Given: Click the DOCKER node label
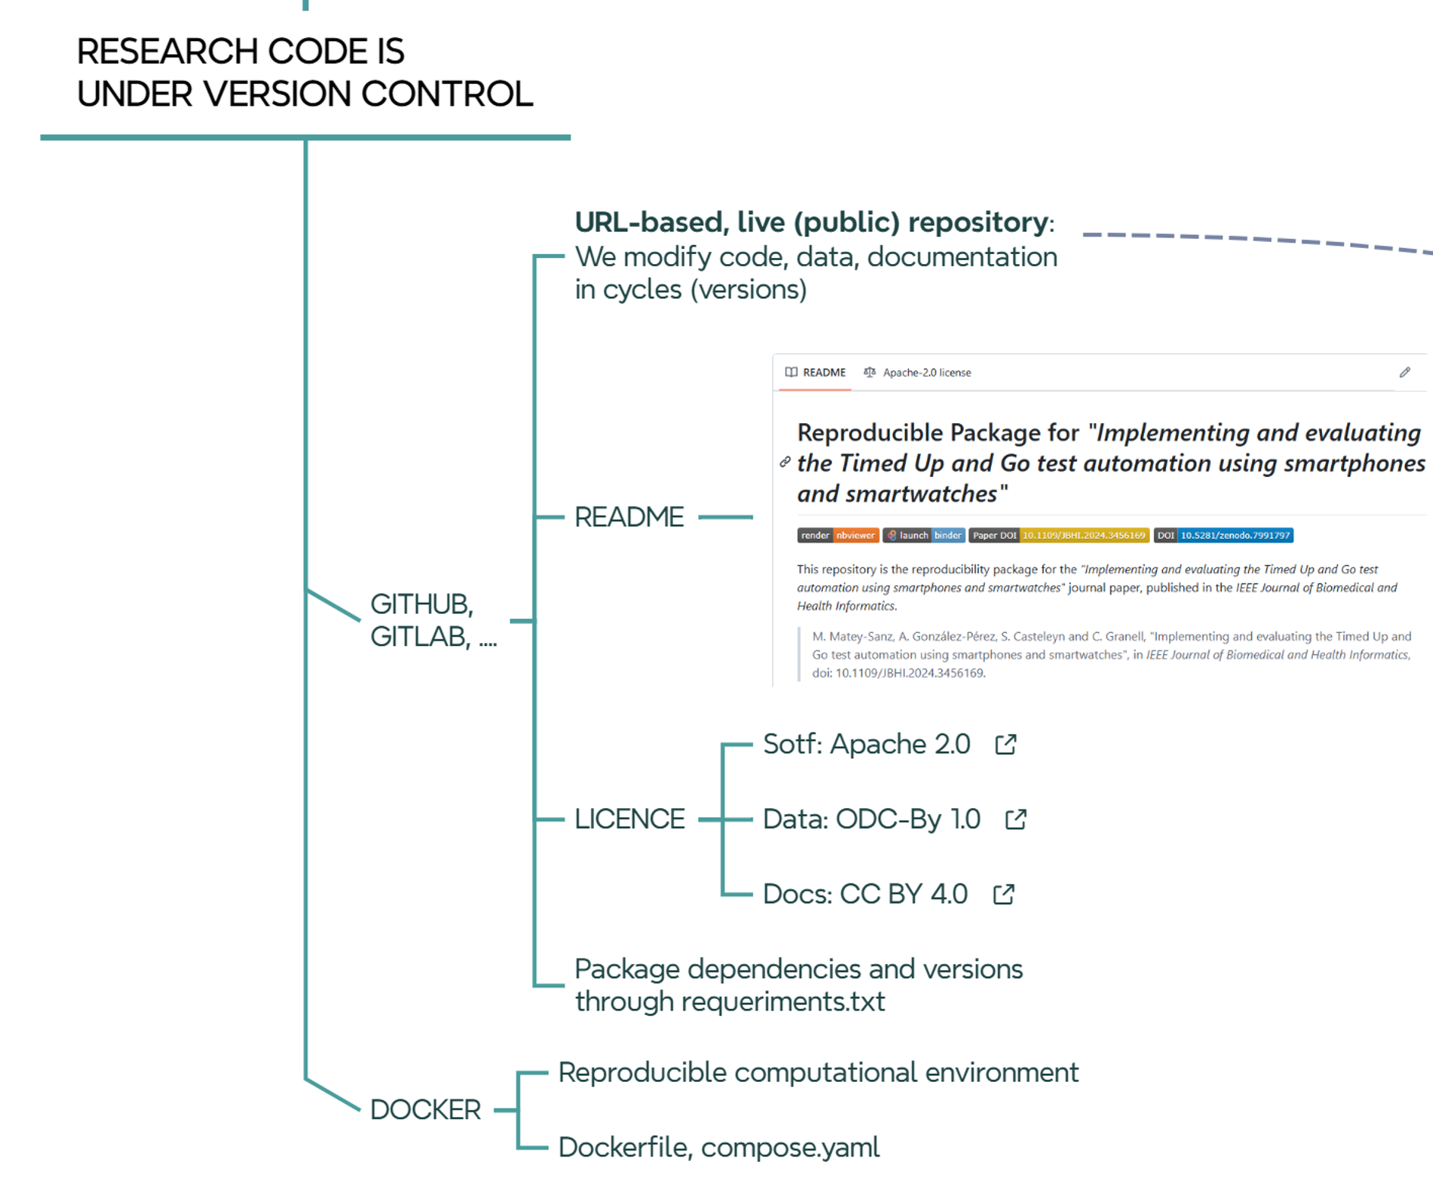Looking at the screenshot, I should [x=424, y=1109].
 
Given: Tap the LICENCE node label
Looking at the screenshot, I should [x=629, y=819].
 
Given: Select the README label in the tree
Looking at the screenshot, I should [x=628, y=517].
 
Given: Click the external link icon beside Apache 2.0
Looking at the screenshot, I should [x=1006, y=744].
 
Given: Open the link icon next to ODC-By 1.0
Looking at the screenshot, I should [x=1015, y=819].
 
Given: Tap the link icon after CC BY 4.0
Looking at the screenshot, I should [x=1003, y=894].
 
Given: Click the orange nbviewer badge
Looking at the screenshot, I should [x=856, y=536].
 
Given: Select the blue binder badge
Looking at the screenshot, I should [x=948, y=536].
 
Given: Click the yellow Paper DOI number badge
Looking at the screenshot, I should [x=1083, y=536].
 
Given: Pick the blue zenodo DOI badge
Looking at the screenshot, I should [x=1234, y=536].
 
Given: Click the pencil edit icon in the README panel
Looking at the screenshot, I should [x=1404, y=372].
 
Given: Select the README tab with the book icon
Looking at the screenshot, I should [x=815, y=372].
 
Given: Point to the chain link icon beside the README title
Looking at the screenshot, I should [x=785, y=462].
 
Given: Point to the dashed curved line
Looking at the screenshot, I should [x=1255, y=239].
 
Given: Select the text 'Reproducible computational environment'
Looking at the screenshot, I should [x=818, y=1072].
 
